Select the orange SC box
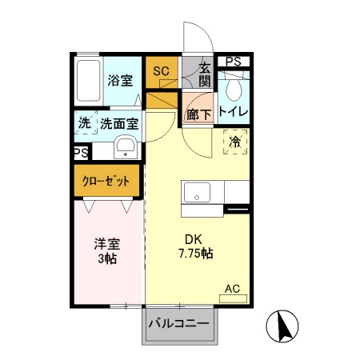click(x=161, y=71)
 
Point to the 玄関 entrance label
click(x=206, y=74)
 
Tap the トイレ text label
click(x=234, y=111)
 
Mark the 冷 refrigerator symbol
click(x=235, y=142)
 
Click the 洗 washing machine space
click(x=85, y=124)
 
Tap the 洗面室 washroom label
click(x=119, y=124)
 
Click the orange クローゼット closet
click(x=107, y=181)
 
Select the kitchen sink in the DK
click(x=196, y=193)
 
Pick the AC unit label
click(x=233, y=288)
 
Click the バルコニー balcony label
click(x=180, y=323)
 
